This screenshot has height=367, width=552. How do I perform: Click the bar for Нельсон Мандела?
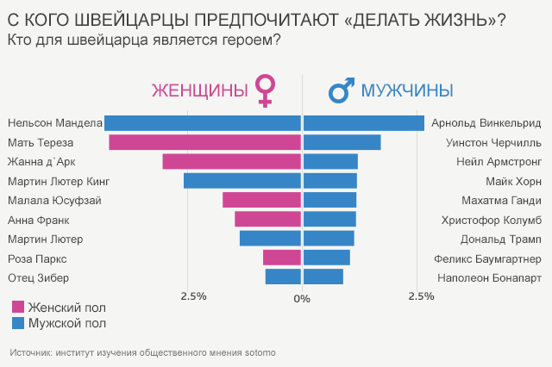click(x=203, y=123)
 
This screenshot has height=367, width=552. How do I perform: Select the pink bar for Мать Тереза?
click(x=205, y=142)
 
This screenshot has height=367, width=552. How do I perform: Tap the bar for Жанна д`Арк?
click(x=232, y=161)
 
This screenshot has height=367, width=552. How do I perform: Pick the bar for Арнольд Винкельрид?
click(x=364, y=123)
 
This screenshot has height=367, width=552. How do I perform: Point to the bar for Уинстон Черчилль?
click(x=342, y=142)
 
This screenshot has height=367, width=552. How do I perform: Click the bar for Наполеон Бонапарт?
click(x=323, y=277)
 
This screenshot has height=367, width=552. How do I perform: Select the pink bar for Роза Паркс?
click(x=282, y=258)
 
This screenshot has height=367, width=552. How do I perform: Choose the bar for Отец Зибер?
click(x=283, y=277)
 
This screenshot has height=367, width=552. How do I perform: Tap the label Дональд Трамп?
click(x=503, y=239)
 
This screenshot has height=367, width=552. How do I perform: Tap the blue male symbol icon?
click(x=341, y=90)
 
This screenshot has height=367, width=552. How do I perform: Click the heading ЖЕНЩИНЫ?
click(x=199, y=90)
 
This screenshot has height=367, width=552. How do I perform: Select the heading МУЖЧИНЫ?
click(x=407, y=90)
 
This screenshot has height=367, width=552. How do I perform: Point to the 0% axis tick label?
click(x=301, y=298)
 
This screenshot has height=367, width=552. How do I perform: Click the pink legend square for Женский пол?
click(x=18, y=307)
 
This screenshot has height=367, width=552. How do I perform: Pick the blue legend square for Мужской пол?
click(x=18, y=323)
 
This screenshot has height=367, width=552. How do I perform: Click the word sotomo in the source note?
click(x=260, y=352)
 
